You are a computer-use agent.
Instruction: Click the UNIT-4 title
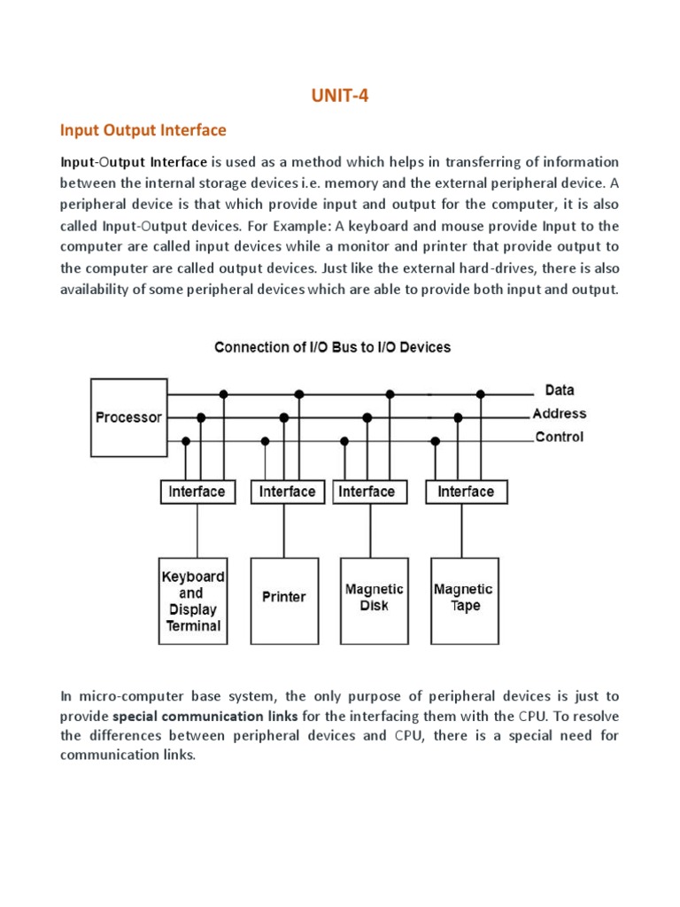click(x=339, y=97)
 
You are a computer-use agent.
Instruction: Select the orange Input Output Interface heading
click(x=143, y=130)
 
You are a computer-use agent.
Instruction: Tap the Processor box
click(x=128, y=417)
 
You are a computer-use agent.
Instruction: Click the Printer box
click(x=284, y=600)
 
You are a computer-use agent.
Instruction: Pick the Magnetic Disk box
click(x=374, y=600)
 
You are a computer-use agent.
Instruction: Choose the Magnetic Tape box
click(x=465, y=600)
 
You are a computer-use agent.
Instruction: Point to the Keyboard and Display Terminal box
click(x=192, y=600)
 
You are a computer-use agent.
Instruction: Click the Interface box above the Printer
click(x=287, y=492)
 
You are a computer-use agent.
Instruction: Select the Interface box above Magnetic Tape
click(x=466, y=492)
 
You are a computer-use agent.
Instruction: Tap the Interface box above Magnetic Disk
click(x=367, y=492)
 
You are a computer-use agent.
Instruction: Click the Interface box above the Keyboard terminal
click(x=197, y=492)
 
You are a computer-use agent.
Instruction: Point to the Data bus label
click(x=560, y=390)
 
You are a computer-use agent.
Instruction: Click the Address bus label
click(x=559, y=413)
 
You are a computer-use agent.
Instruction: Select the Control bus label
click(x=559, y=437)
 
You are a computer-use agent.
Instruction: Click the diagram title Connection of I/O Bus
click(x=332, y=347)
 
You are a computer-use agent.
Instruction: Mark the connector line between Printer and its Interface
click(x=284, y=531)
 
